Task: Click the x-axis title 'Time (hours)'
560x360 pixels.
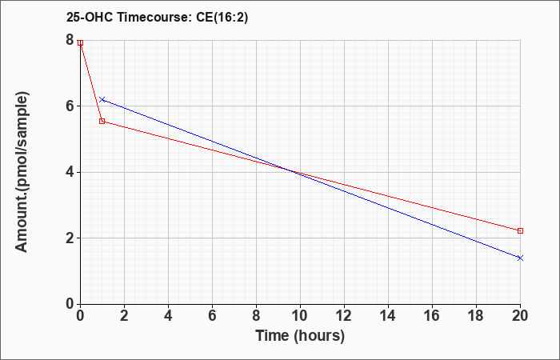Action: [300, 336]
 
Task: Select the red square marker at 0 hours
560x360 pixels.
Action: [80, 42]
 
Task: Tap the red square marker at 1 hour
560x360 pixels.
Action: [102, 121]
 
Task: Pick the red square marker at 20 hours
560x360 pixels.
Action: [520, 230]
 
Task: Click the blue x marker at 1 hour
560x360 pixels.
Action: [102, 99]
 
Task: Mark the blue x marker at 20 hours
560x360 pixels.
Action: [520, 258]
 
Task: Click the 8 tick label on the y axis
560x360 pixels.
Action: [70, 41]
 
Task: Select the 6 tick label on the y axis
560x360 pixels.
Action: [70, 106]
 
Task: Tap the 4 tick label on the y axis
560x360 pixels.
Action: [70, 172]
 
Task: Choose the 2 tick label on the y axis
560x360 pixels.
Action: [70, 238]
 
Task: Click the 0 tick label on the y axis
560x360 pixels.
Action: [70, 304]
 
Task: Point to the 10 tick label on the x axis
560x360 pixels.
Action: [300, 316]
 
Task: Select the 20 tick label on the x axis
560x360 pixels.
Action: [520, 316]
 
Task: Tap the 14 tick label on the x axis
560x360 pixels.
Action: [388, 316]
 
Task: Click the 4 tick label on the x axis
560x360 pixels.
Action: [168, 316]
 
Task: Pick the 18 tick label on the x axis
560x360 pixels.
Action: [476, 316]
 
